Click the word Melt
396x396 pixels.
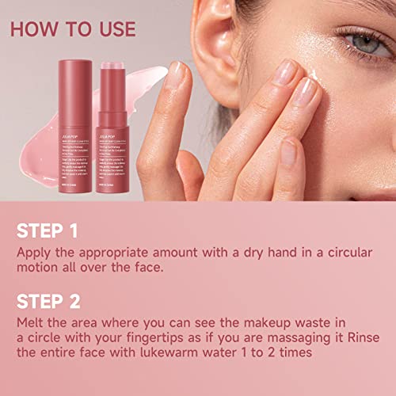(x=31, y=325)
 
